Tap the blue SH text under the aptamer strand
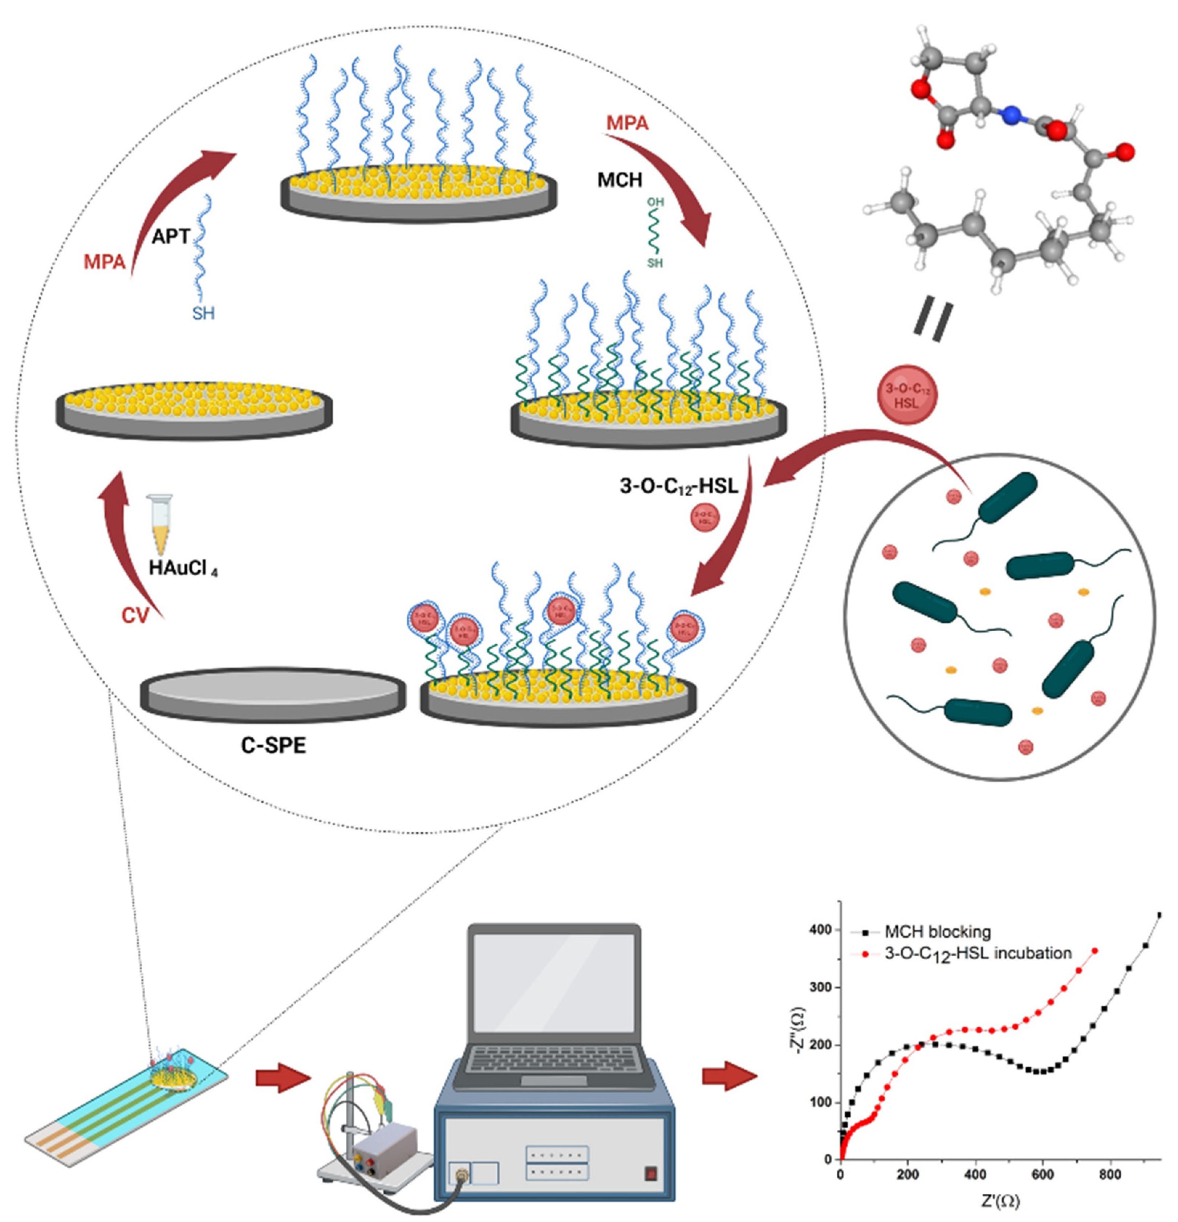[x=203, y=313]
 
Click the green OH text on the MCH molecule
[x=655, y=202]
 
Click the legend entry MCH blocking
[x=937, y=932]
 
